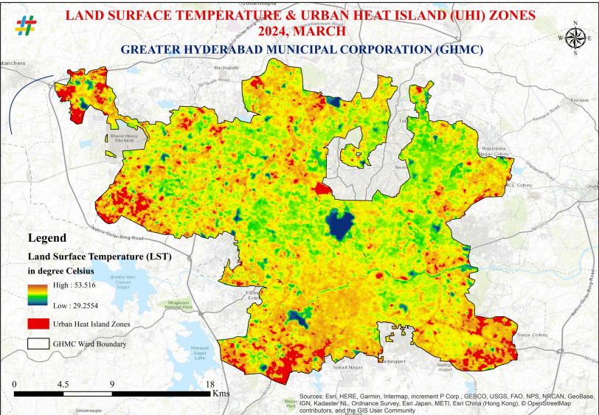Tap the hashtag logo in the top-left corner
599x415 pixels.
(x=25, y=25)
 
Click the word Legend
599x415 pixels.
(x=46, y=238)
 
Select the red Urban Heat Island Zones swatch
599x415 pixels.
(x=38, y=324)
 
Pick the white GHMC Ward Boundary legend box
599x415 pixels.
(x=38, y=343)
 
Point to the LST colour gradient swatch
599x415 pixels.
(x=38, y=294)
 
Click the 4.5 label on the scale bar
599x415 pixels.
(x=63, y=384)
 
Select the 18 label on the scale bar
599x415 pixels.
(x=210, y=384)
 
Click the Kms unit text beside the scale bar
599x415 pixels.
(x=221, y=394)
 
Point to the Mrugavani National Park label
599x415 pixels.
(x=179, y=305)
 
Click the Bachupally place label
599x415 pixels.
(x=223, y=67)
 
